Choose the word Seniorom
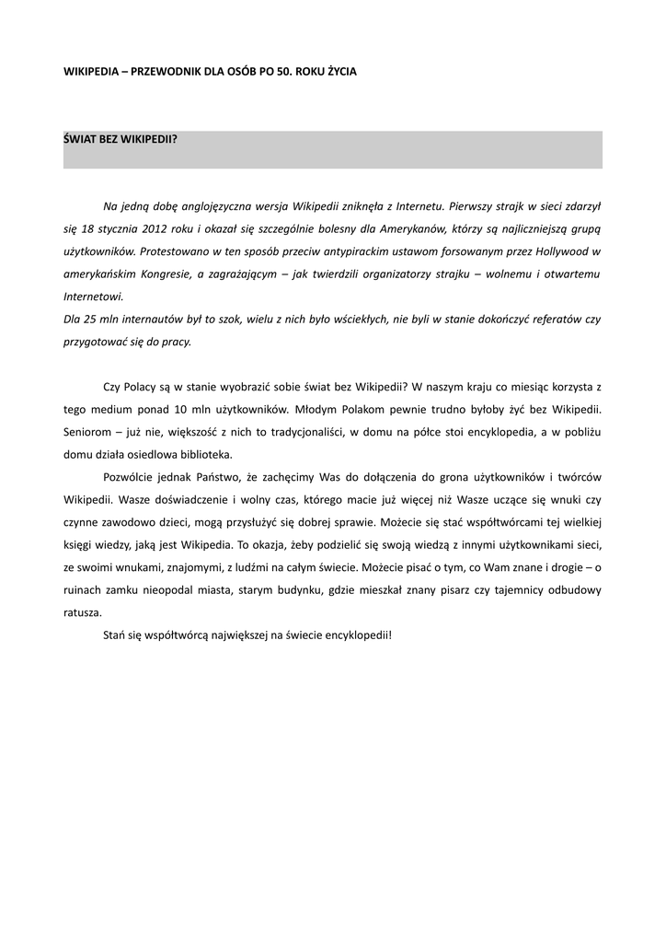[87, 431]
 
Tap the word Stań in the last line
[115, 635]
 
